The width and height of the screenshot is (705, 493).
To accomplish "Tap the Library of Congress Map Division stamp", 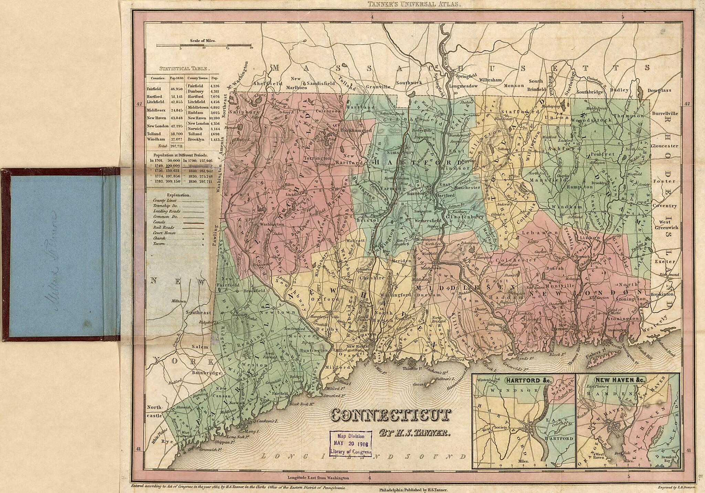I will pos(351,443).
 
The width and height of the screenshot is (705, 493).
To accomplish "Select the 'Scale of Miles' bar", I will pos(204,45).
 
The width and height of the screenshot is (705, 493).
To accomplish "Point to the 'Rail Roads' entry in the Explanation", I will pos(164,227).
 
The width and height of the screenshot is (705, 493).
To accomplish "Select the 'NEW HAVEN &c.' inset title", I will pos(620,380).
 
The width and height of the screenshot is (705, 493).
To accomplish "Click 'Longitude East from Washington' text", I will pos(318,478).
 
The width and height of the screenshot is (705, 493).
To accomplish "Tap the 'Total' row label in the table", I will pos(162,146).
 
